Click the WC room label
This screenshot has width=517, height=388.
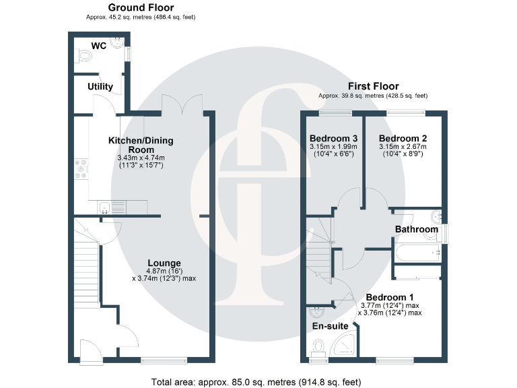pos(100,46)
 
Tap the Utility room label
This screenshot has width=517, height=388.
pos(100,87)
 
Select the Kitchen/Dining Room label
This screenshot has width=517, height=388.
pos(141,145)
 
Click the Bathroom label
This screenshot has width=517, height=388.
pos(416,230)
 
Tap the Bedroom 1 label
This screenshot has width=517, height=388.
pos(390,297)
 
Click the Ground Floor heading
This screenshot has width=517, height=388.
pos(141,7)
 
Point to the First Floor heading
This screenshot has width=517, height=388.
pos(373,86)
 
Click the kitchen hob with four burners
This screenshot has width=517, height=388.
pos(81,168)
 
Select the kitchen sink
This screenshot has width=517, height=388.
pos(107,207)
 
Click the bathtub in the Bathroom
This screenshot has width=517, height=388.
pos(417,254)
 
